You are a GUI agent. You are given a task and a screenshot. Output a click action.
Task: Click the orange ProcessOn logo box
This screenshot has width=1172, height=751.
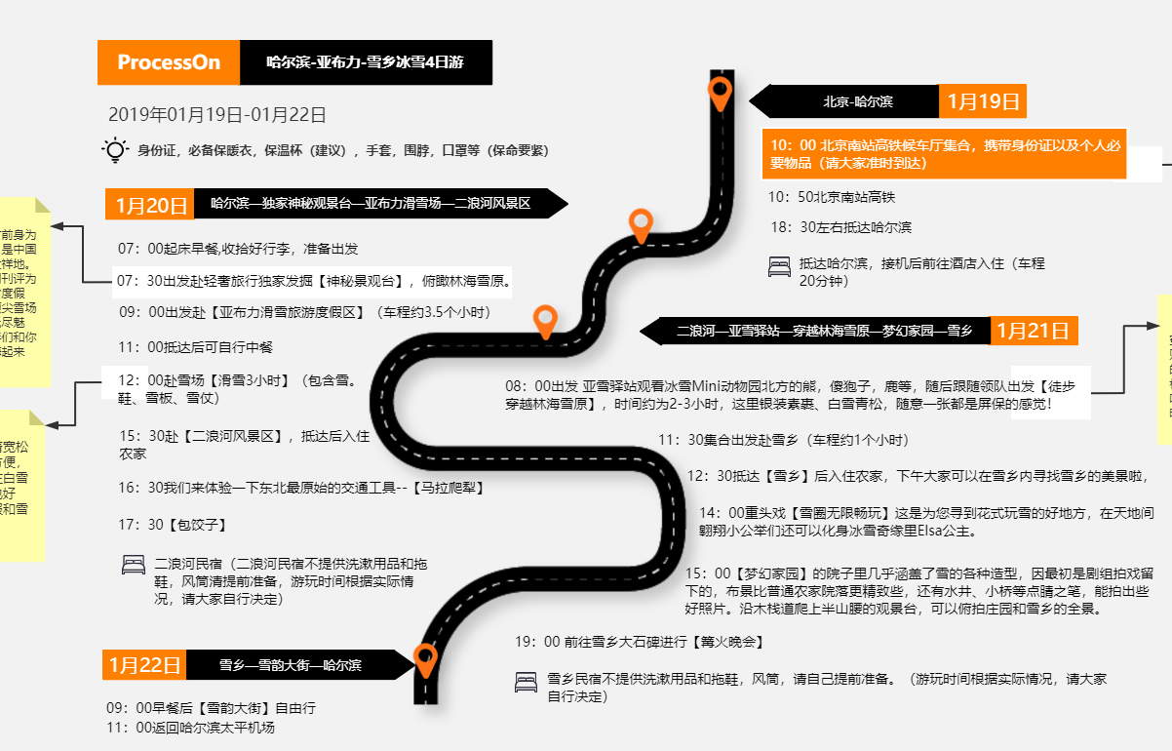(x=169, y=62)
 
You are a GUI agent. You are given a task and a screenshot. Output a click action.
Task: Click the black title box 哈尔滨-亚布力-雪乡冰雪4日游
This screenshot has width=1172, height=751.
(x=366, y=62)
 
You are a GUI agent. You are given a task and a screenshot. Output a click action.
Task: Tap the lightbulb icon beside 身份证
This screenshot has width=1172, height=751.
(x=115, y=150)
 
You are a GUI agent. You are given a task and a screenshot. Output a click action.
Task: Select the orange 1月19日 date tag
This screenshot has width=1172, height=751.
(x=982, y=101)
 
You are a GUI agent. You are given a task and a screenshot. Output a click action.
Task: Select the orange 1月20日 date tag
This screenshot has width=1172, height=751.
(x=150, y=205)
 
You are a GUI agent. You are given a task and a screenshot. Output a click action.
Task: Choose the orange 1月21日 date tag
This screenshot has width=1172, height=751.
(x=1034, y=331)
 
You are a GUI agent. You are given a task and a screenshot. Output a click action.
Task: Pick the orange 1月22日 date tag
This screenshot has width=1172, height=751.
(x=144, y=665)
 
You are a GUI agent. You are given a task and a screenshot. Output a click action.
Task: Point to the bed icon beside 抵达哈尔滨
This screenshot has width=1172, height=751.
(x=779, y=265)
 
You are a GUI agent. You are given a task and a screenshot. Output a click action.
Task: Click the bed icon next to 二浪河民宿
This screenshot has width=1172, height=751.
(x=133, y=565)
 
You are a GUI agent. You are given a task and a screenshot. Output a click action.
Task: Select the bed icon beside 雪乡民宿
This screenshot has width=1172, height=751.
(x=526, y=682)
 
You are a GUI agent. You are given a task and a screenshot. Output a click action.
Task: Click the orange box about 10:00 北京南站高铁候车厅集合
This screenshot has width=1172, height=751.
(x=944, y=154)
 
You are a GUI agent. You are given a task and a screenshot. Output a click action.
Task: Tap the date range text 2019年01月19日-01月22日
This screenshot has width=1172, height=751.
(x=217, y=114)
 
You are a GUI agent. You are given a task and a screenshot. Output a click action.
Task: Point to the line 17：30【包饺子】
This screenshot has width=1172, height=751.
(x=173, y=525)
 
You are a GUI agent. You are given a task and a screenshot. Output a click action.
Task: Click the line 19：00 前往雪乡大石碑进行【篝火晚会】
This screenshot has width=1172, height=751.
(x=639, y=642)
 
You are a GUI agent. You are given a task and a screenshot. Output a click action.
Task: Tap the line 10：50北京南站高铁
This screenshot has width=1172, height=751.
(x=831, y=197)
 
